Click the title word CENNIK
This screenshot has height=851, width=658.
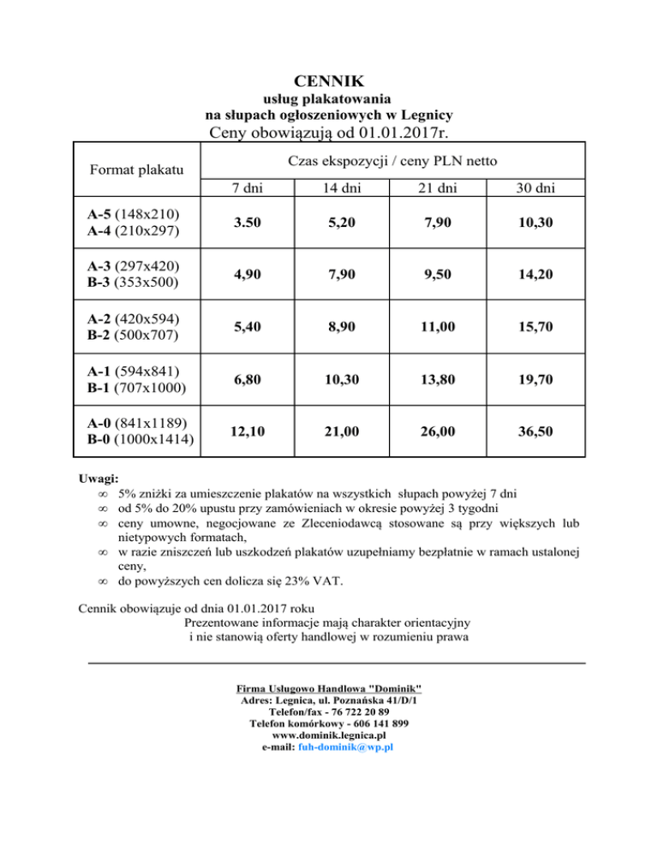click(329, 82)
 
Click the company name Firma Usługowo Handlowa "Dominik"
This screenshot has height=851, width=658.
click(329, 689)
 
